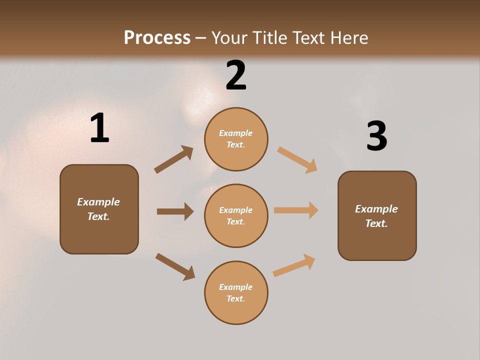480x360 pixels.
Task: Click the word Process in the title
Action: click(x=157, y=37)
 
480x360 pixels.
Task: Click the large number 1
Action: click(x=100, y=127)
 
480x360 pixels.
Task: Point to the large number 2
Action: click(x=236, y=75)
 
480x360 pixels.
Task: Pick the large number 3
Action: click(x=377, y=135)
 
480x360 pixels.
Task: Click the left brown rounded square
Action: click(x=99, y=209)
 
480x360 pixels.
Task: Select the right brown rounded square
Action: click(x=377, y=216)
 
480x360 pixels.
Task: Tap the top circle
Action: click(x=236, y=139)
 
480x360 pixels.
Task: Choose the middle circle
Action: click(x=236, y=216)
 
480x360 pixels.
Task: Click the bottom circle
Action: click(x=236, y=292)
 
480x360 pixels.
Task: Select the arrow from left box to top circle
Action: click(x=173, y=159)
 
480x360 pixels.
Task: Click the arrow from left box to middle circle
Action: click(x=175, y=211)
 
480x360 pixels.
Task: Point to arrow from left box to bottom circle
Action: click(x=175, y=266)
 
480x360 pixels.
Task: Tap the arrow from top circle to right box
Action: click(x=297, y=160)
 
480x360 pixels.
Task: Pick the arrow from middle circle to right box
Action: click(x=296, y=210)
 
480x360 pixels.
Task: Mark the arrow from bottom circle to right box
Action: click(x=294, y=265)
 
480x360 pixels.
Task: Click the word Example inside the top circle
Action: click(x=235, y=133)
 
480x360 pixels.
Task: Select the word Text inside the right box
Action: click(x=376, y=223)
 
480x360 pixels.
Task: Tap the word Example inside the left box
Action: click(x=98, y=202)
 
